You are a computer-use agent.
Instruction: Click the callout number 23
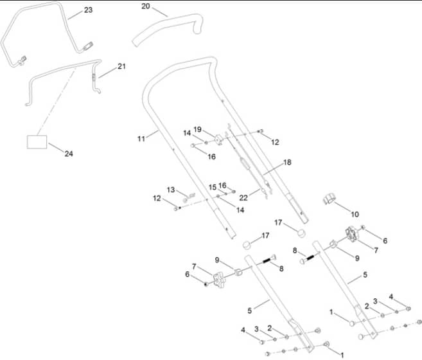click(x=88, y=10)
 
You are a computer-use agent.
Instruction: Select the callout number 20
click(x=146, y=6)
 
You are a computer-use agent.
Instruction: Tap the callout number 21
click(x=121, y=66)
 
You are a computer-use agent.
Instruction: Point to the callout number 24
click(x=69, y=154)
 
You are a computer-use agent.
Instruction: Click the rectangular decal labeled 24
click(x=37, y=142)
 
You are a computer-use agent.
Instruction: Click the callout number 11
click(x=141, y=139)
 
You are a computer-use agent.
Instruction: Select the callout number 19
click(x=198, y=130)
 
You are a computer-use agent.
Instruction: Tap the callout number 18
click(x=287, y=162)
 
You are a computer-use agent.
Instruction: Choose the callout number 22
click(x=243, y=198)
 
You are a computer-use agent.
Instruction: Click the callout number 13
click(x=171, y=190)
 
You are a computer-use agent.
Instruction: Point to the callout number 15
click(x=213, y=187)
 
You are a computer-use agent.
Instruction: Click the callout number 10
click(x=355, y=214)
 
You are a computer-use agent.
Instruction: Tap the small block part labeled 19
click(x=219, y=140)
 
